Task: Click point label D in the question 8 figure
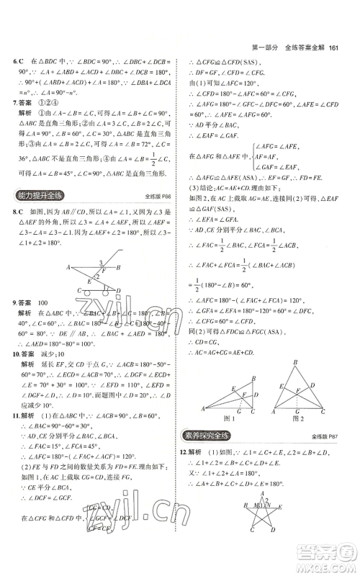tap(117, 291)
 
